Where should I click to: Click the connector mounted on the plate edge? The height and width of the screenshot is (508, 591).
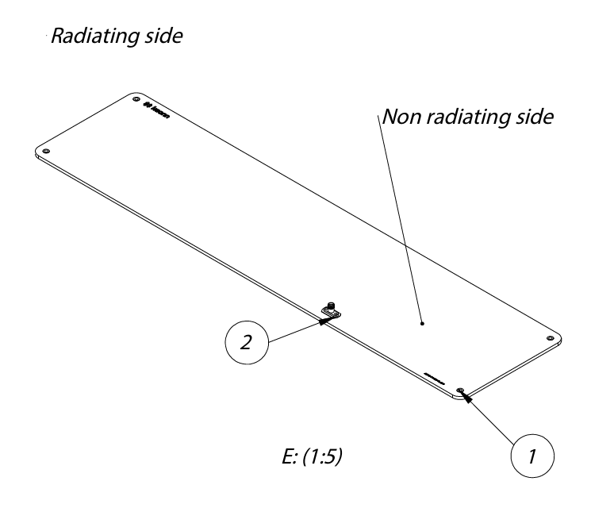tap(331, 310)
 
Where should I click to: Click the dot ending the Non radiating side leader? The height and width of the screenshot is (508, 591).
tap(422, 323)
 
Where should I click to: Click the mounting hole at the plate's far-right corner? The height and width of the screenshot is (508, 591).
tap(549, 339)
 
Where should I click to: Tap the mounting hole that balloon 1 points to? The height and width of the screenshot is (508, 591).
tap(460, 391)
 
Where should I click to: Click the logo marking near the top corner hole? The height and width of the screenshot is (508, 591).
tap(163, 108)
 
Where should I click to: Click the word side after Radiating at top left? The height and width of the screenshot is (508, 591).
tap(161, 39)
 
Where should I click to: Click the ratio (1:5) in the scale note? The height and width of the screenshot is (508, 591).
tap(321, 457)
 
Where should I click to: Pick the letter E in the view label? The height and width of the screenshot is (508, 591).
tap(275, 457)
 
